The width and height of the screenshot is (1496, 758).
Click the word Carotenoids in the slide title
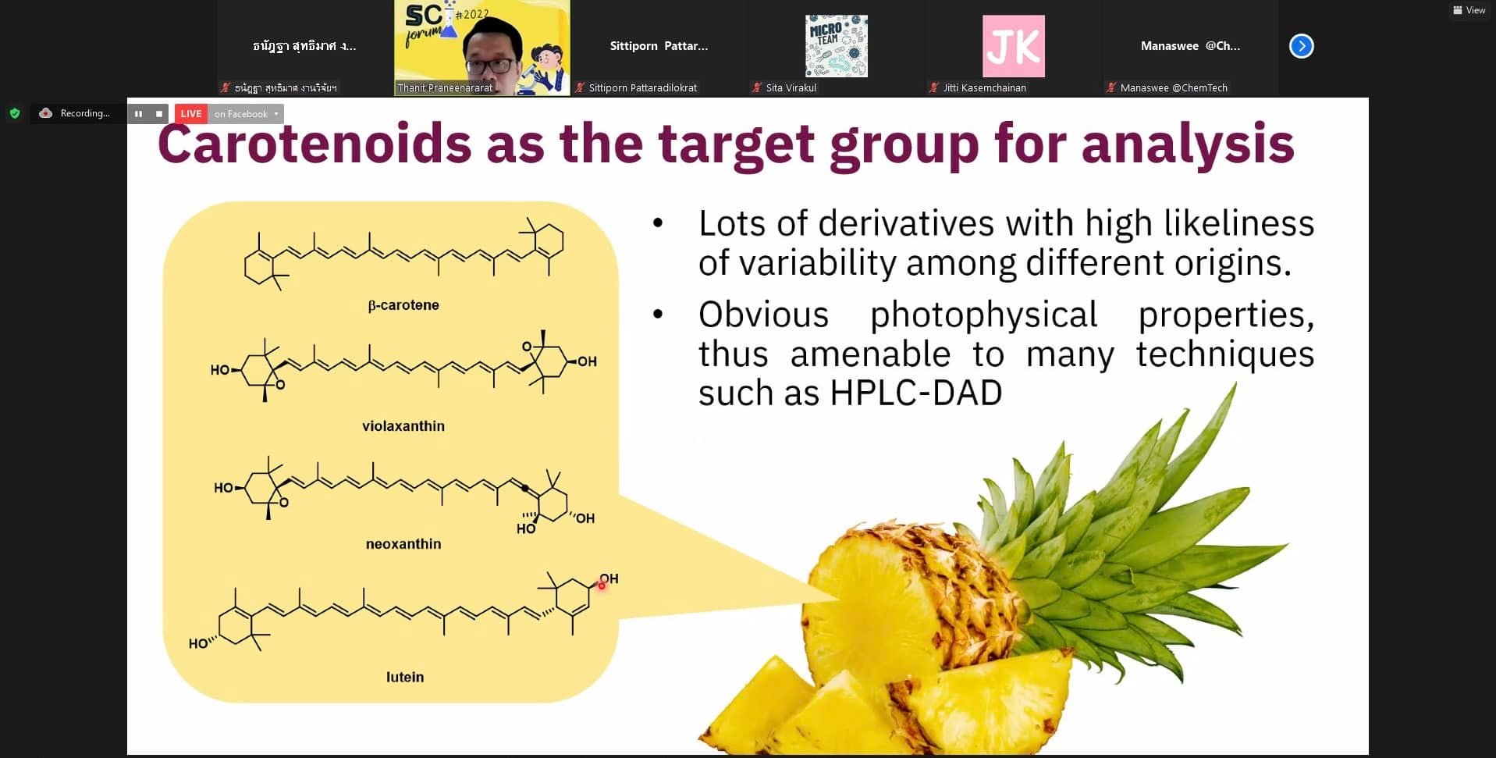(x=314, y=144)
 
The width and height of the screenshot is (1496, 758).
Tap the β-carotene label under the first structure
(x=403, y=305)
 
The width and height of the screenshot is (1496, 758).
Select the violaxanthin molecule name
(x=403, y=426)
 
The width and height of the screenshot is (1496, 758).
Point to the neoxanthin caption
(x=403, y=544)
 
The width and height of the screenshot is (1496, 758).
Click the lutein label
(x=405, y=677)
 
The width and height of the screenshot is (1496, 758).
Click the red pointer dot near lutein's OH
(x=602, y=585)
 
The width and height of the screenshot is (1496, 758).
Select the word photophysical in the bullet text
(x=983, y=315)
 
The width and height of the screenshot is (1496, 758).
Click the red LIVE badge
(x=191, y=114)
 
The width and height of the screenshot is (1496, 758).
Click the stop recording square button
(x=159, y=114)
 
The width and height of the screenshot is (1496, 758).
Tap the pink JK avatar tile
(x=1013, y=46)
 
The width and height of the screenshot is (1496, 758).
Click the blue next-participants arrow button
(x=1301, y=46)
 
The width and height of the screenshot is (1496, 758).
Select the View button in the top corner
(x=1469, y=10)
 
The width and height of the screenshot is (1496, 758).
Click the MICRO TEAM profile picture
(x=836, y=46)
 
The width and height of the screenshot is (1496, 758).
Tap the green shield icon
(x=15, y=113)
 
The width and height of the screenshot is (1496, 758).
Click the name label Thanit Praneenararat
(x=445, y=88)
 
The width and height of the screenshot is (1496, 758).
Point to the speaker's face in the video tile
(x=493, y=48)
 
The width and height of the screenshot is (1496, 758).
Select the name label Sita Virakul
(x=791, y=88)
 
